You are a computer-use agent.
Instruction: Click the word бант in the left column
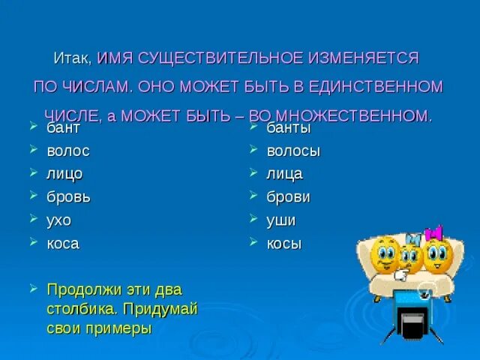63,128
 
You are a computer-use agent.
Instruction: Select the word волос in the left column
68,151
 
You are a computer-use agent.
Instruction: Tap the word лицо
64,174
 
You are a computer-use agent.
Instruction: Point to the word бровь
68,197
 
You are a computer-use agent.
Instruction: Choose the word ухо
58,220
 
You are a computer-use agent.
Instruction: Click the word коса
62,244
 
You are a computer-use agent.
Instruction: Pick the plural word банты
289,128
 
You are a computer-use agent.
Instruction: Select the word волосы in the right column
293,151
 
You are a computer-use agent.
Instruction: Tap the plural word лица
284,174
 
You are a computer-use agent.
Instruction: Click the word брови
288,197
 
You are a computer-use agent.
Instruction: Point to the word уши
281,220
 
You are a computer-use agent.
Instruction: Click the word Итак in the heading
73,58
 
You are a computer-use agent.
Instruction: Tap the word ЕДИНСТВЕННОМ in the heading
374,86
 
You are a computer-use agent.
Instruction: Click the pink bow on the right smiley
433,233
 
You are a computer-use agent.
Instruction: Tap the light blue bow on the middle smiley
413,238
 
